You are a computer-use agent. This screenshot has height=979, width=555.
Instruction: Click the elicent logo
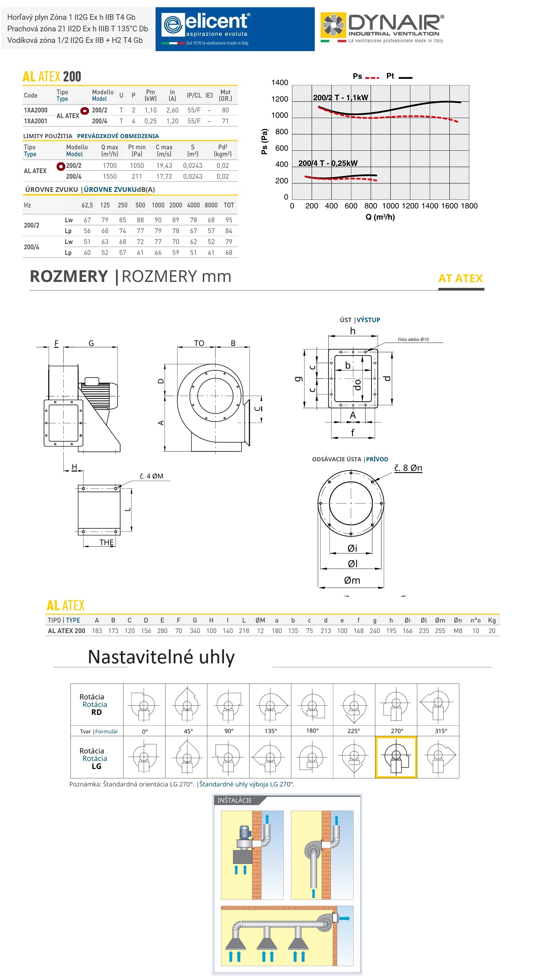(x=235, y=29)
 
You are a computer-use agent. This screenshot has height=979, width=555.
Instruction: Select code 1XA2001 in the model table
(x=36, y=121)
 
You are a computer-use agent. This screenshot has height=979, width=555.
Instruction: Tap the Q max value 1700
(x=110, y=166)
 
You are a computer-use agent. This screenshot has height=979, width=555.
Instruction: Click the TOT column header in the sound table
(x=229, y=205)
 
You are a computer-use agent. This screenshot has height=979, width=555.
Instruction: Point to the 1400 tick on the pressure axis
(x=279, y=82)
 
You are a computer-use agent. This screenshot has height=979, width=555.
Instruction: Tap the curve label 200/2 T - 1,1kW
(x=340, y=98)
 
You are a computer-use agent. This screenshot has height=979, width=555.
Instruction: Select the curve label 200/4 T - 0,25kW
(x=328, y=163)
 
